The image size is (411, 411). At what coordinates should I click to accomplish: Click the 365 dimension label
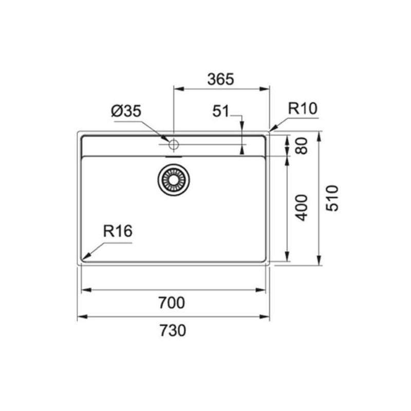pos(220,79)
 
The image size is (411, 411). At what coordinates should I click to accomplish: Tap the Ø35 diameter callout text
pos(126,111)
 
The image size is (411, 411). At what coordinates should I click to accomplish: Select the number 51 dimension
pos(220,111)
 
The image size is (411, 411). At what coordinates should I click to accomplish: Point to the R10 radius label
pos(303,108)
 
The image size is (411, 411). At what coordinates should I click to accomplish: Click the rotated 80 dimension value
pos(302,146)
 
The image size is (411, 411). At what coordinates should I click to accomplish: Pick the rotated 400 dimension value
pos(302,208)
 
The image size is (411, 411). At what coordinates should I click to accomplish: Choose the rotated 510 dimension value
pos(332,198)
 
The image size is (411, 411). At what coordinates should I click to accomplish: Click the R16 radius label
pos(118,231)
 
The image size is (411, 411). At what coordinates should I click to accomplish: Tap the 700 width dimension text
pos(172,303)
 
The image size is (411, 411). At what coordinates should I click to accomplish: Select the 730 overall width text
pos(173,330)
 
